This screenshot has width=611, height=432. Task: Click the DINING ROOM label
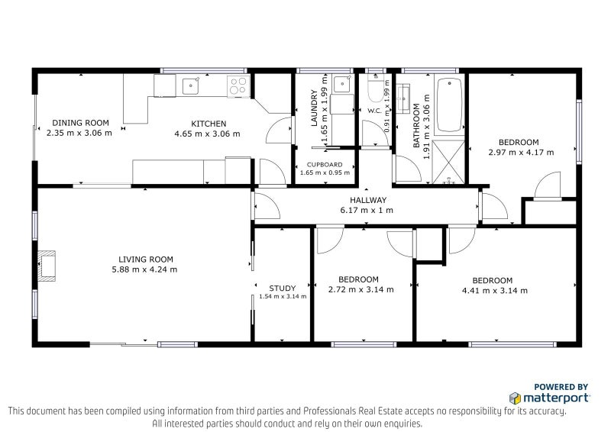(80, 122)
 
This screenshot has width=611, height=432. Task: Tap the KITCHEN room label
(209, 124)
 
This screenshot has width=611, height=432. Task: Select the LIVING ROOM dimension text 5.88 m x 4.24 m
(144, 269)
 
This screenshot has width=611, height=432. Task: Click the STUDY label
(282, 288)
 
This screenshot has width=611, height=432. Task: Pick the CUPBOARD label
(325, 164)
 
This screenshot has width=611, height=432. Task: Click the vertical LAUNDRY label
(314, 108)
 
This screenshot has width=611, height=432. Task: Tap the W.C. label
(374, 111)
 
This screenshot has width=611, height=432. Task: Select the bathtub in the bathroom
(449, 105)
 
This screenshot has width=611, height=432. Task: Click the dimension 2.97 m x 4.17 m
(520, 153)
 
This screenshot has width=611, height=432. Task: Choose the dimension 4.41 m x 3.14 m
(494, 290)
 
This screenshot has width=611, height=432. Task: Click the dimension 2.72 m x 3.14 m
(360, 290)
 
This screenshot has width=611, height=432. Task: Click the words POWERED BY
(561, 387)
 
